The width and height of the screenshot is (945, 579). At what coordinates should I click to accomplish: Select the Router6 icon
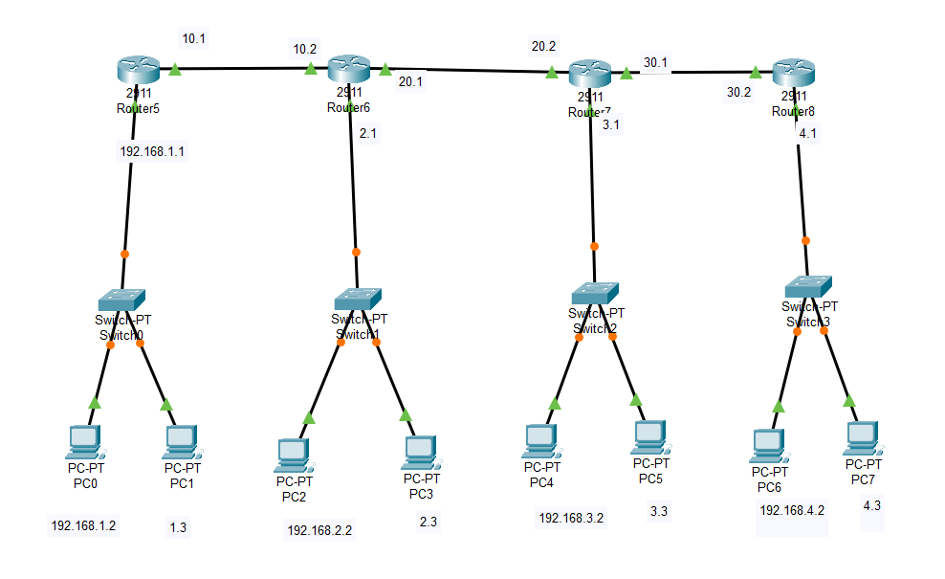[x=348, y=69]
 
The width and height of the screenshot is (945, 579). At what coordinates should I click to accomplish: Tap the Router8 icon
[x=793, y=72]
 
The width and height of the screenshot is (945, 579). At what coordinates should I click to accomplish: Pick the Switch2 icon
[x=595, y=294]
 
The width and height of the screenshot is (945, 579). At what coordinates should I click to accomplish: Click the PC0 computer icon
[x=86, y=441]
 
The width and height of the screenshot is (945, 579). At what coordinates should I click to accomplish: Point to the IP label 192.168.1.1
[x=151, y=151]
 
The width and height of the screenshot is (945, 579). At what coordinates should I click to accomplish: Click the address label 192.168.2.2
[x=319, y=528]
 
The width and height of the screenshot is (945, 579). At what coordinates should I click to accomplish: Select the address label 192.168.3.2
[x=571, y=518]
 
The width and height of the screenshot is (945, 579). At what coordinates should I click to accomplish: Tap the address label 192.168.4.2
[x=792, y=510]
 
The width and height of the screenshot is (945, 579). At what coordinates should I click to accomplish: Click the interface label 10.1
[x=195, y=39]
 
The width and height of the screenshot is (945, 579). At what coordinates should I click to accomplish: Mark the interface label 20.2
[x=544, y=45]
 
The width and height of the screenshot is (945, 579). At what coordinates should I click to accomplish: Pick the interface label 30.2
[x=739, y=93]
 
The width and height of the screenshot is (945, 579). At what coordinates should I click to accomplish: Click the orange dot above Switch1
[x=356, y=253]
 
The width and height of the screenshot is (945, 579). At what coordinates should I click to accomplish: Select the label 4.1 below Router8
[x=808, y=134]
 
